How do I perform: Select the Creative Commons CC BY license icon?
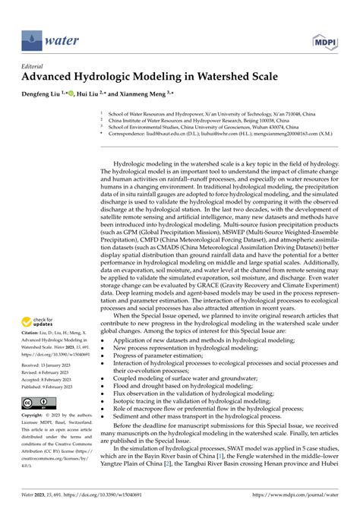point(37,402)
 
